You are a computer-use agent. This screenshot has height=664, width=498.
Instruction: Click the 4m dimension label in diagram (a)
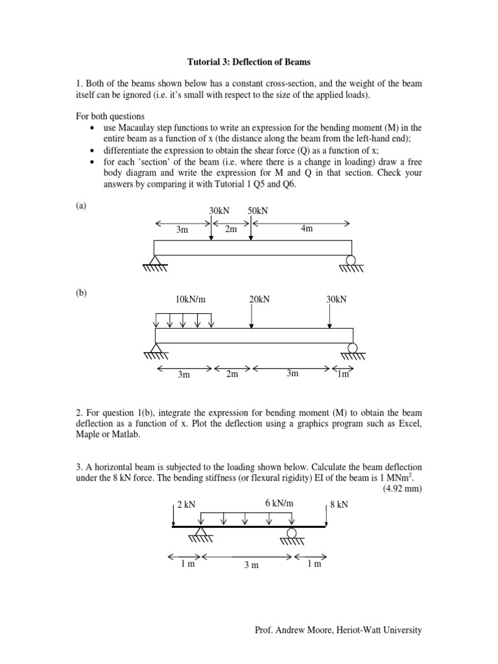pyautogui.click(x=307, y=229)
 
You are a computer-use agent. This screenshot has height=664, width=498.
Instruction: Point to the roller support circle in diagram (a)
pyautogui.click(x=351, y=261)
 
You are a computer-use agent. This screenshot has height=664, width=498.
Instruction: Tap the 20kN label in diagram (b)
pyautogui.click(x=259, y=299)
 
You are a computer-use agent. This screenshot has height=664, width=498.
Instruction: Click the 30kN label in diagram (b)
pyautogui.click(x=336, y=299)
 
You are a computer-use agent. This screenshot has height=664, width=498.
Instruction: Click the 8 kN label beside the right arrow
pyautogui.click(x=338, y=505)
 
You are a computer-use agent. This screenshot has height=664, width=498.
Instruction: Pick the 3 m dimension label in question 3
pyautogui.click(x=251, y=565)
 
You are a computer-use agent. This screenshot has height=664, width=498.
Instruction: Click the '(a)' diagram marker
pyautogui.click(x=81, y=206)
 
